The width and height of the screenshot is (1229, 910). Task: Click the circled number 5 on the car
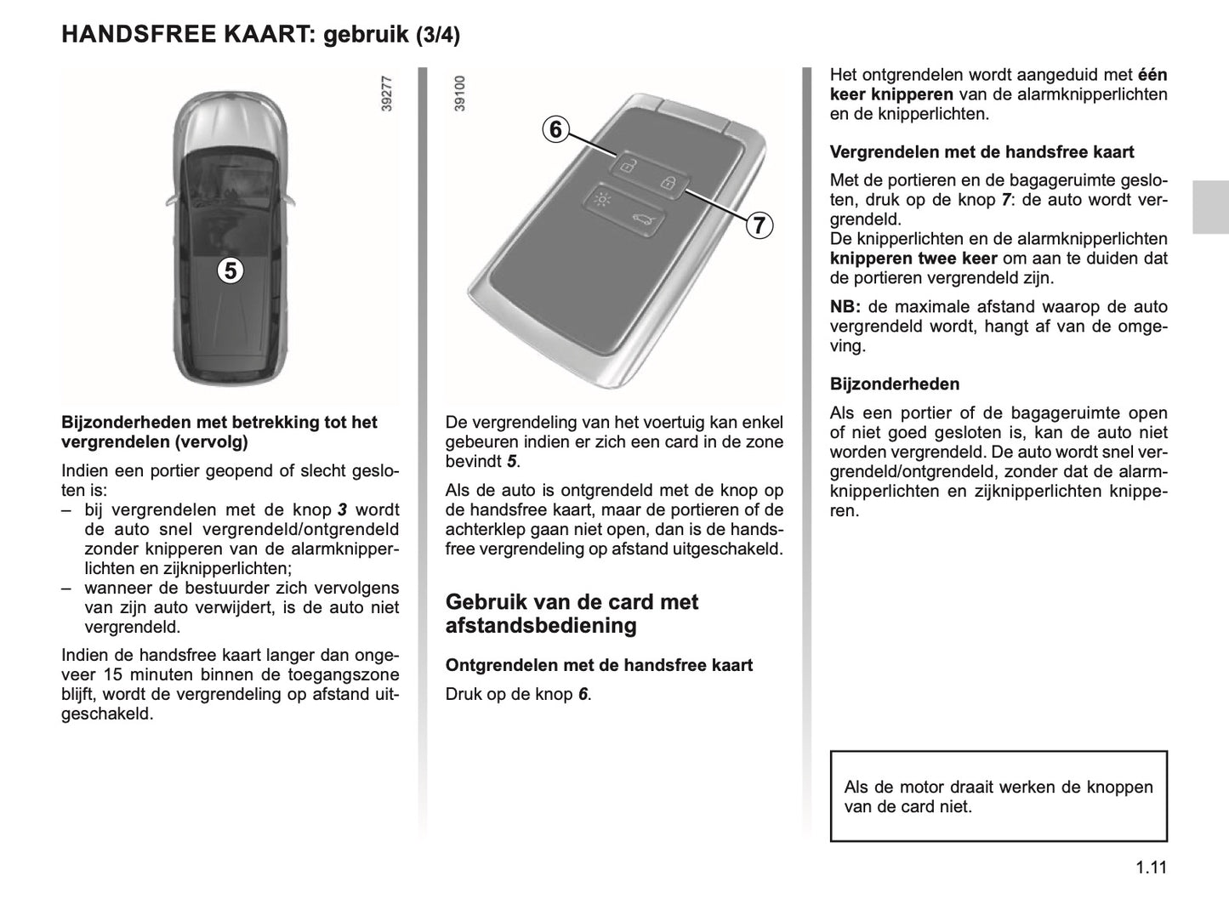[229, 270]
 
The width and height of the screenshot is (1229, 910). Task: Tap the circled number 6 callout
[555, 129]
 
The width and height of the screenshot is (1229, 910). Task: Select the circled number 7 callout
[758, 225]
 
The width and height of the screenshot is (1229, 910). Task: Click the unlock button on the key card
[626, 165]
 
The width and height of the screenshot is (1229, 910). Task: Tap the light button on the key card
[601, 201]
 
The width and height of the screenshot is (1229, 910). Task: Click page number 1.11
[1149, 868]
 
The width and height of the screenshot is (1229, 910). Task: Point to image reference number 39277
[388, 94]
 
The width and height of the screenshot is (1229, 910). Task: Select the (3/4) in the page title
[438, 36]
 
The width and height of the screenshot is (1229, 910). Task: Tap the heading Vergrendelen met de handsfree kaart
[981, 152]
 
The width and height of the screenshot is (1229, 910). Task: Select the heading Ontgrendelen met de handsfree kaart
[599, 665]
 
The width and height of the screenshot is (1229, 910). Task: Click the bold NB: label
[845, 307]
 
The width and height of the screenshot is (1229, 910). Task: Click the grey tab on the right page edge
[1209, 207]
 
